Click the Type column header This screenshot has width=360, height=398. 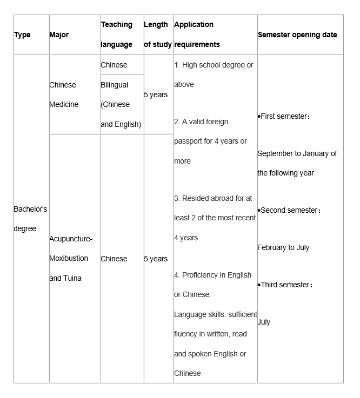click(22, 35)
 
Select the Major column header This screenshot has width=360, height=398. click(59, 35)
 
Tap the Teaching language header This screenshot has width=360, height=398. click(117, 35)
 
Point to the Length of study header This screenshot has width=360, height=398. click(158, 35)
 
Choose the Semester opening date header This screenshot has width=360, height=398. click(297, 35)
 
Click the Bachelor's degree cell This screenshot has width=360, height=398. click(30, 219)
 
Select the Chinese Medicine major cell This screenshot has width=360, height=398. click(64, 95)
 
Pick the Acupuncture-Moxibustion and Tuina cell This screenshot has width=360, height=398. click(70, 258)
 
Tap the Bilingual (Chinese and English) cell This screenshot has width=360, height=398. click(121, 105)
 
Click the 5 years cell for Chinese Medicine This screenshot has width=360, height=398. click(156, 95)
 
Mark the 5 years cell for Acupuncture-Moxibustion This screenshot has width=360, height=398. click(156, 259)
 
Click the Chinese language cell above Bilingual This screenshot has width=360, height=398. click(114, 65)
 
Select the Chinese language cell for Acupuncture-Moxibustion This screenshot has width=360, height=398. click(114, 259)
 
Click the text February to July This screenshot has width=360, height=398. click(283, 248)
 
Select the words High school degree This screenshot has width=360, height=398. click(214, 65)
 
